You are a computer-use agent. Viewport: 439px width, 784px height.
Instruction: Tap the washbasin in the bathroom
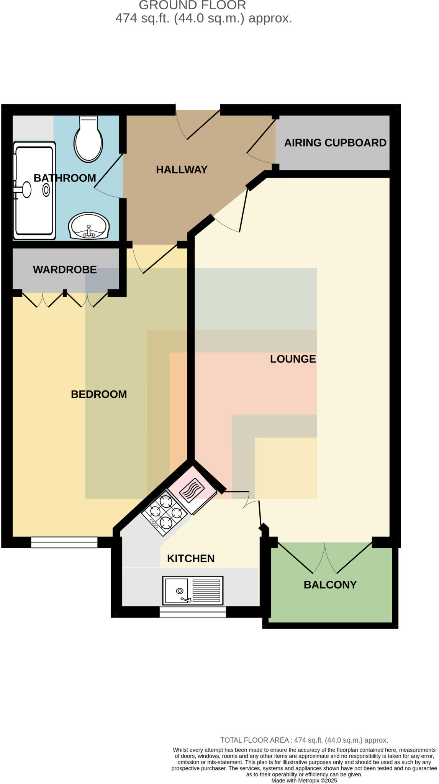[x=89, y=226]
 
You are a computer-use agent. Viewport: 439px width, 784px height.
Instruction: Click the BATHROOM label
[x=65, y=178]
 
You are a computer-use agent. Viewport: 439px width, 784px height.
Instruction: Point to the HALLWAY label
[x=182, y=170]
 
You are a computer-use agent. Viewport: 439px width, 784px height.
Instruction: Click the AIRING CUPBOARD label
[x=335, y=143]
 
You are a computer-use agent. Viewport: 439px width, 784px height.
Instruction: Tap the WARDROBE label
[x=65, y=269]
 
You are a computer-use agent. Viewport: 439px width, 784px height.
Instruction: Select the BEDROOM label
[x=99, y=394]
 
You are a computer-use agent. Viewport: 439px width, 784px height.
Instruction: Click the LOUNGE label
[x=293, y=359]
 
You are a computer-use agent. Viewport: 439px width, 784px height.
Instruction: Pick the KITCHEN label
[x=191, y=559]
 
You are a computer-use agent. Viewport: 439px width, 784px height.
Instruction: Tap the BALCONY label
[x=330, y=585]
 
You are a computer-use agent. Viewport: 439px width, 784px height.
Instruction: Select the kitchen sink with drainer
[x=193, y=591]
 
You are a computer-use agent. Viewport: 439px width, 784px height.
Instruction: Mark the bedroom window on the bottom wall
[x=64, y=542]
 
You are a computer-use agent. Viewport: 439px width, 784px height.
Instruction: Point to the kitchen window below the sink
[x=193, y=612]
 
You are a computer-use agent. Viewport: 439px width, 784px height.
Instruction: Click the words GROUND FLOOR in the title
[x=192, y=5]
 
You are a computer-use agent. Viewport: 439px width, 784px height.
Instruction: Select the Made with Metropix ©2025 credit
[x=304, y=781]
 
